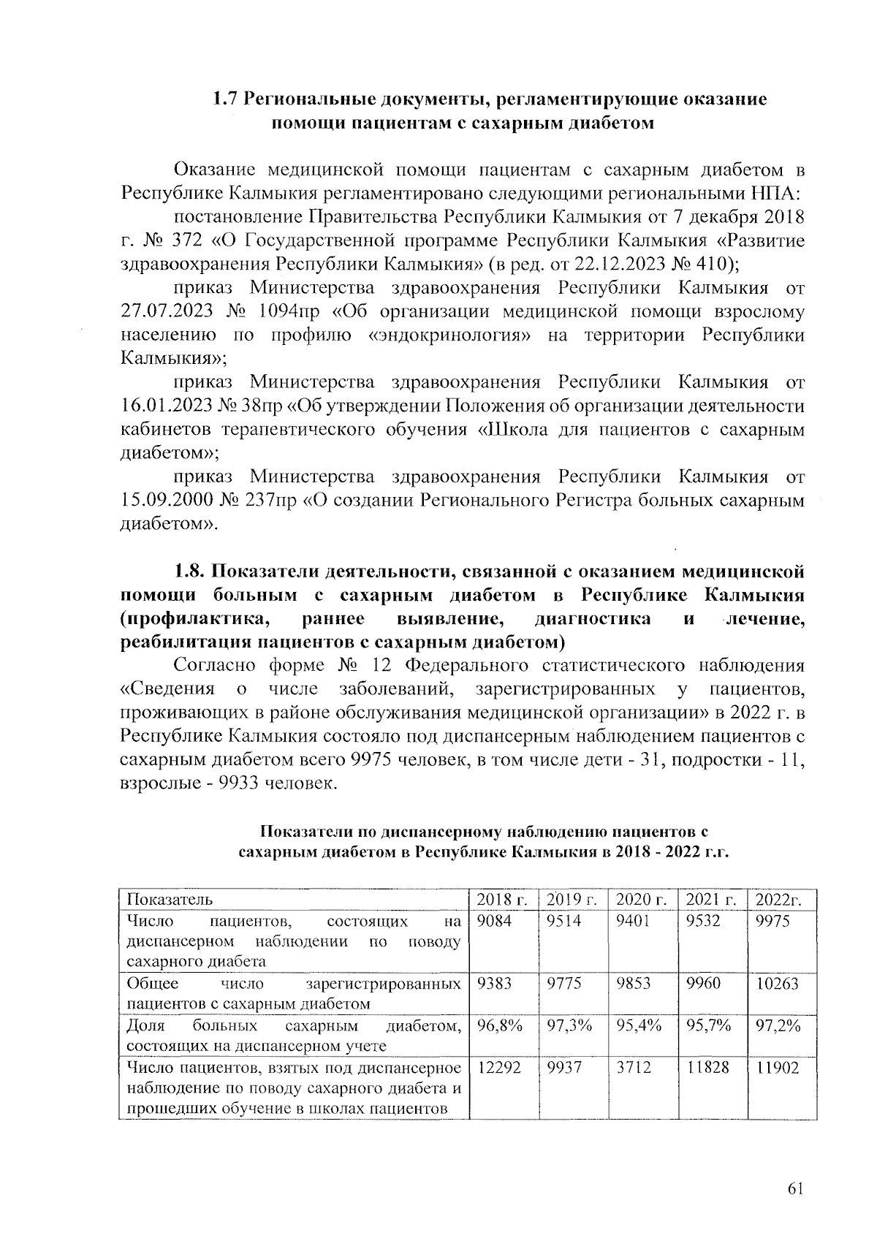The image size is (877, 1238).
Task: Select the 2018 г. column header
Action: click(x=501, y=899)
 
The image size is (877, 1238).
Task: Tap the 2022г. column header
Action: click(x=778, y=900)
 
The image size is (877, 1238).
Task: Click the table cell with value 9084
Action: click(x=494, y=921)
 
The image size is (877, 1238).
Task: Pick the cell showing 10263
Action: click(x=778, y=984)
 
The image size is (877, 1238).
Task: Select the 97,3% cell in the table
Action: click(x=569, y=1026)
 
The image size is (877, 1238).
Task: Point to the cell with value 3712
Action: click(x=633, y=1068)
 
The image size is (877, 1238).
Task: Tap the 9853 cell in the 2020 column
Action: click(x=633, y=984)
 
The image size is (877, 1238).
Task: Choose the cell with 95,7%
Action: click(x=708, y=1026)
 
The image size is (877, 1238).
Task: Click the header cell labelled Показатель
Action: click(x=170, y=899)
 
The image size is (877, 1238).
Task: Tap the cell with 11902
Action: click(x=778, y=1068)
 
